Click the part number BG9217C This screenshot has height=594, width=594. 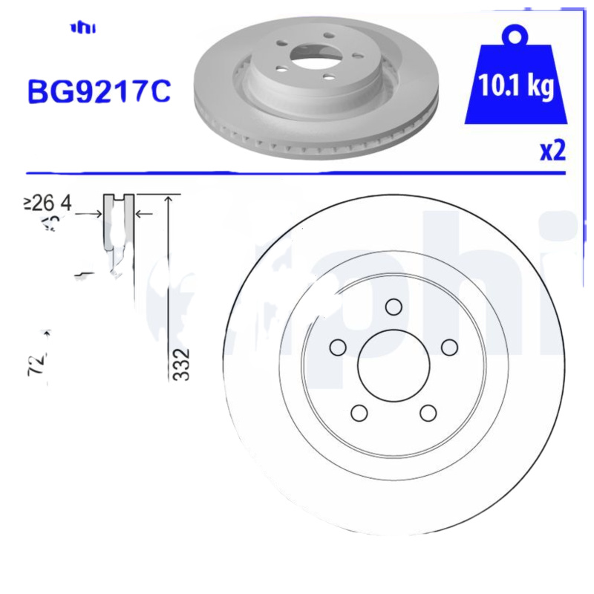tap(99, 91)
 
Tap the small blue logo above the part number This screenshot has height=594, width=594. tap(83, 28)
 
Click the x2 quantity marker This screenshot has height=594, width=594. tap(552, 151)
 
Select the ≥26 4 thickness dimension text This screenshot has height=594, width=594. tap(48, 203)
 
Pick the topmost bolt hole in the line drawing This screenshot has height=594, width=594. tap(394, 307)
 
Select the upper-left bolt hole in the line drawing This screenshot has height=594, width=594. tap(339, 347)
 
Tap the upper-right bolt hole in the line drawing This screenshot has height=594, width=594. tap(448, 347)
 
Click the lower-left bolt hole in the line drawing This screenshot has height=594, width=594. tap(359, 412)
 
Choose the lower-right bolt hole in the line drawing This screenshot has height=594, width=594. tap(428, 412)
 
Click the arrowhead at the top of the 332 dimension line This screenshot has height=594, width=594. tap(171, 199)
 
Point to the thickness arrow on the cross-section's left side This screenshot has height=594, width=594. tap(94, 214)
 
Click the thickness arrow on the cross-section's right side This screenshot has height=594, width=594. tap(143, 214)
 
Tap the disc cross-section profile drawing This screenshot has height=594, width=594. tap(119, 238)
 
